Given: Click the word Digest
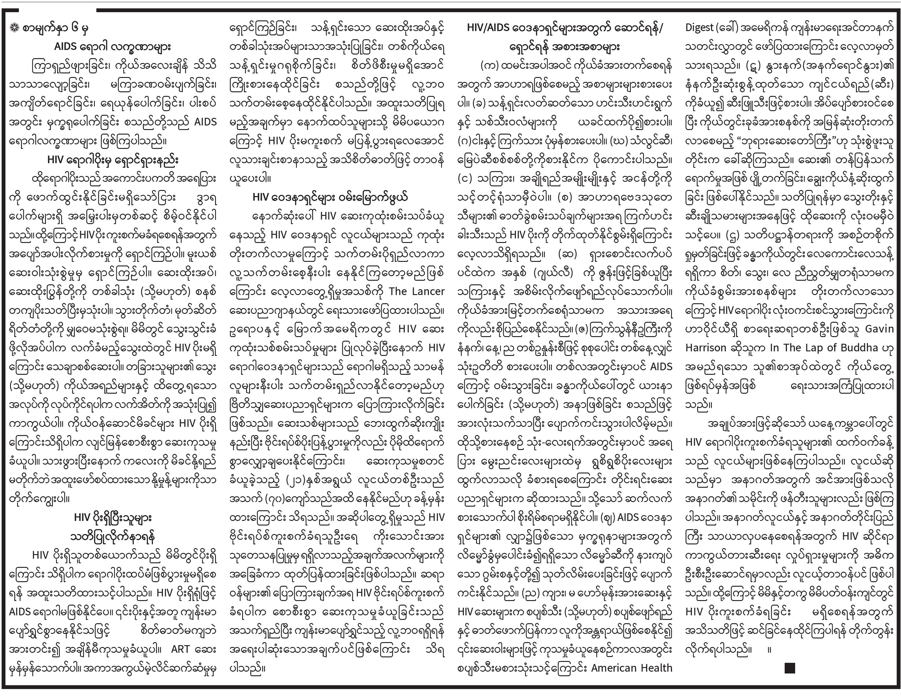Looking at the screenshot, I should point(700,28).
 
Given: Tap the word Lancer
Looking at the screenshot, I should point(428,291).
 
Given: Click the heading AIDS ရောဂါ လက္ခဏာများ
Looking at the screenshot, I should point(112,47).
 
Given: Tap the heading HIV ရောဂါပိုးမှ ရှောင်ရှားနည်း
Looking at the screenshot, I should point(113,160).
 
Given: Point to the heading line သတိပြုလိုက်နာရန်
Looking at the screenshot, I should point(113,537).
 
